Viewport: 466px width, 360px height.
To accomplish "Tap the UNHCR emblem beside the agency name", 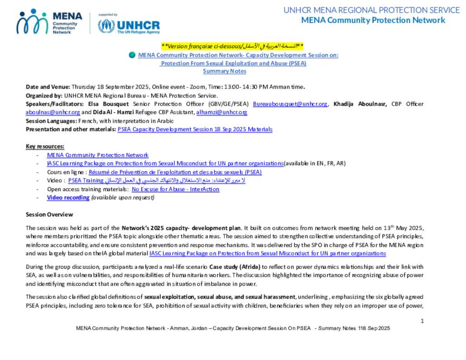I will pyautogui.click(x=106, y=25).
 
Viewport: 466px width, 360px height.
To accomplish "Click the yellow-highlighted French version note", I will pyautogui.click(x=232, y=46).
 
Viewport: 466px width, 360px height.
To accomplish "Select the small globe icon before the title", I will pyautogui.click(x=132, y=55).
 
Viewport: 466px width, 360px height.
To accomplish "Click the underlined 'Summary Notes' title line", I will pyautogui.click(x=224, y=71).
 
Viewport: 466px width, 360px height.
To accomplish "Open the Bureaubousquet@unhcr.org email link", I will pyautogui.click(x=290, y=104).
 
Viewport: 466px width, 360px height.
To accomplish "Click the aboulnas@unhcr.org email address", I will pyautogui.click(x=53, y=112).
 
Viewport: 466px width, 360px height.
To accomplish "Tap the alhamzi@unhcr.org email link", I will pyautogui.click(x=222, y=112).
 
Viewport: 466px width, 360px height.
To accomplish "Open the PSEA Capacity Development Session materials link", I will pyautogui.click(x=195, y=129).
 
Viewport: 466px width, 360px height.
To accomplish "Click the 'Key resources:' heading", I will pyautogui.click(x=45, y=146).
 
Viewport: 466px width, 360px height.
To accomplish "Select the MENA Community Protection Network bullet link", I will pyautogui.click(x=97, y=155).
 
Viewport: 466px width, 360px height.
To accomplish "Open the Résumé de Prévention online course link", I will pyautogui.click(x=175, y=172).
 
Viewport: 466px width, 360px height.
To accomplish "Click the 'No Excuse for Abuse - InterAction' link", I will pyautogui.click(x=175, y=189).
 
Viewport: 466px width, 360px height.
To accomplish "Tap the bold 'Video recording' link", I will pyautogui.click(x=68, y=198).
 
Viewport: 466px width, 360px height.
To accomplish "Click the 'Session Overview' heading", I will pyautogui.click(x=49, y=214).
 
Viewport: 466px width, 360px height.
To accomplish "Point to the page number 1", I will pyautogui.click(x=422, y=321).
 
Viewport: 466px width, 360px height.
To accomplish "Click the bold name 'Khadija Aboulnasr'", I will pyautogui.click(x=360, y=104).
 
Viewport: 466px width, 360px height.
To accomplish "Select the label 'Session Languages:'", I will pyautogui.click(x=51, y=121).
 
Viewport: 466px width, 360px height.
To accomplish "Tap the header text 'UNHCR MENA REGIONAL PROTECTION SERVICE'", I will pyautogui.click(x=371, y=10).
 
